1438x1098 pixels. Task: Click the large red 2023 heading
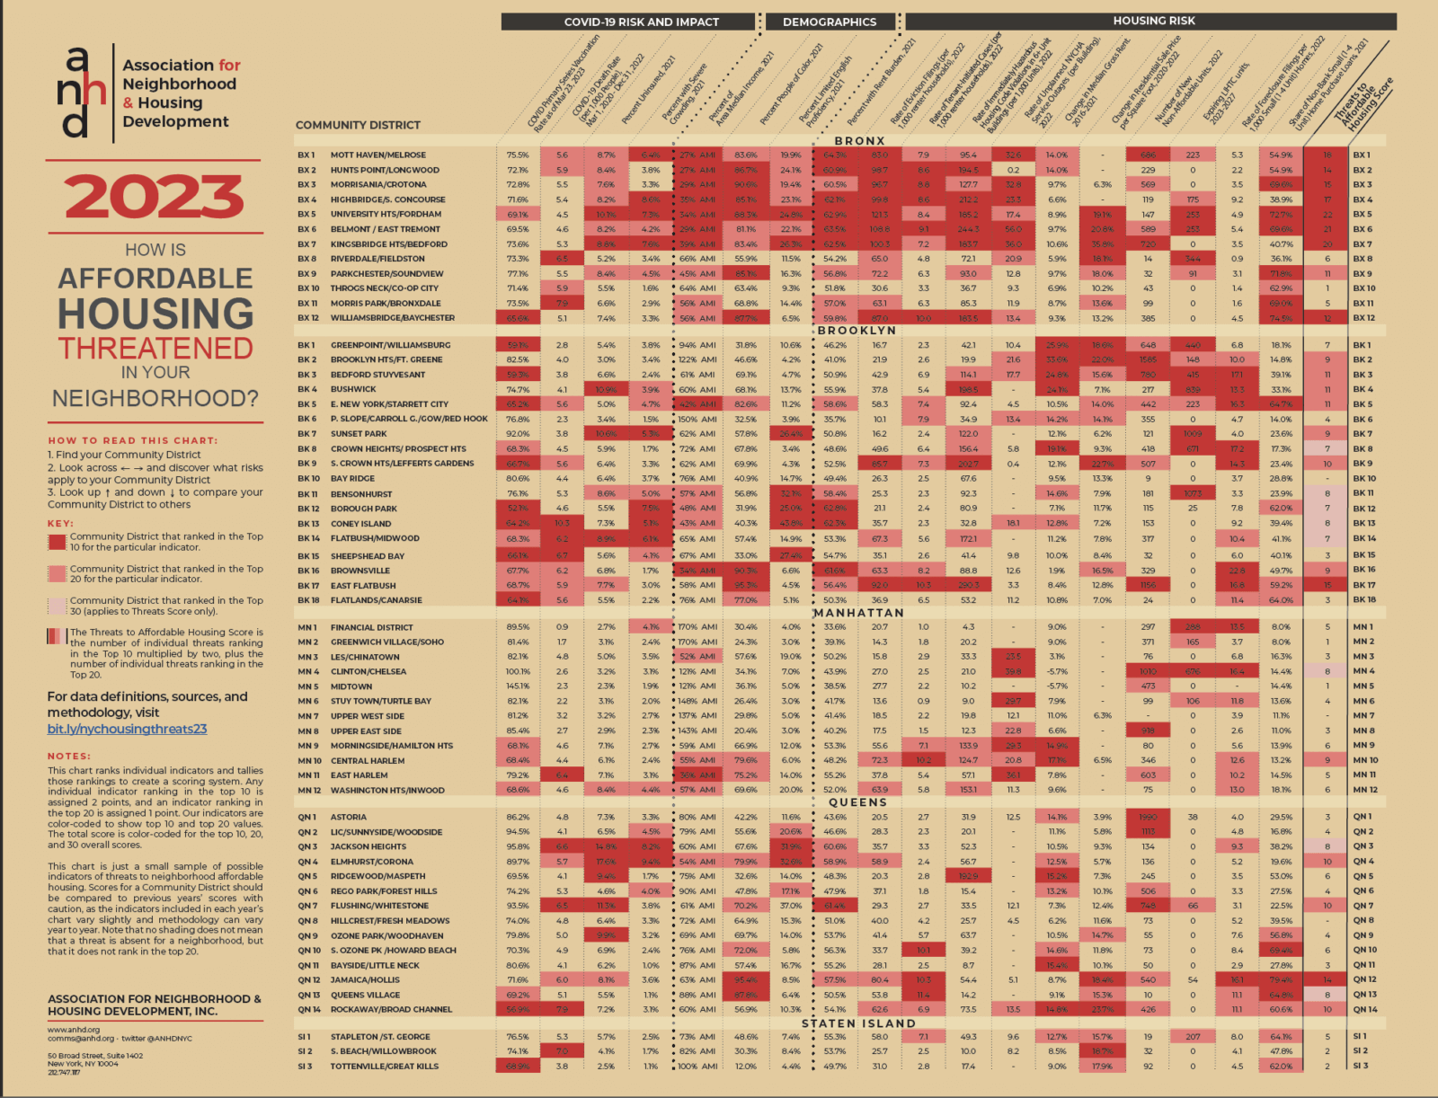pos(155,197)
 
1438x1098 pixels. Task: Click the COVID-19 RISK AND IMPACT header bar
pos(641,22)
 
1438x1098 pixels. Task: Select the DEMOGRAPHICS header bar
pos(829,22)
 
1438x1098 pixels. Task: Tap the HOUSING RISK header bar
pos(1153,21)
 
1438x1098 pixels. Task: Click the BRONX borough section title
pos(859,141)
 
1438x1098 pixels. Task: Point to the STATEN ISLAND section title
pos(858,1023)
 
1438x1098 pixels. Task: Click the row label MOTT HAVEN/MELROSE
pos(377,155)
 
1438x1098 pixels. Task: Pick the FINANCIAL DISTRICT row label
pos(371,627)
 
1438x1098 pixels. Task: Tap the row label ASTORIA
pos(348,817)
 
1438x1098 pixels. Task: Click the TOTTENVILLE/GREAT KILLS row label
pos(384,1066)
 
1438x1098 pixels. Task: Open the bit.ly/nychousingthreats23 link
pos(127,729)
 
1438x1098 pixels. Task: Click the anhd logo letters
pos(79,93)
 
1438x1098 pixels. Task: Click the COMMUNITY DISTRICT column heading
pos(358,125)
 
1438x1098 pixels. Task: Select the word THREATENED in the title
pos(155,348)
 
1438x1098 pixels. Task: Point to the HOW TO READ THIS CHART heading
pos(132,440)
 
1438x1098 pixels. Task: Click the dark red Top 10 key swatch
pos(57,542)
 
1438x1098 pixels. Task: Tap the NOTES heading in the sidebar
pos(69,756)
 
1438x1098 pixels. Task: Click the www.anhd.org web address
pos(74,1030)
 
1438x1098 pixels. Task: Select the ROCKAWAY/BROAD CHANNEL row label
pos(391,1009)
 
